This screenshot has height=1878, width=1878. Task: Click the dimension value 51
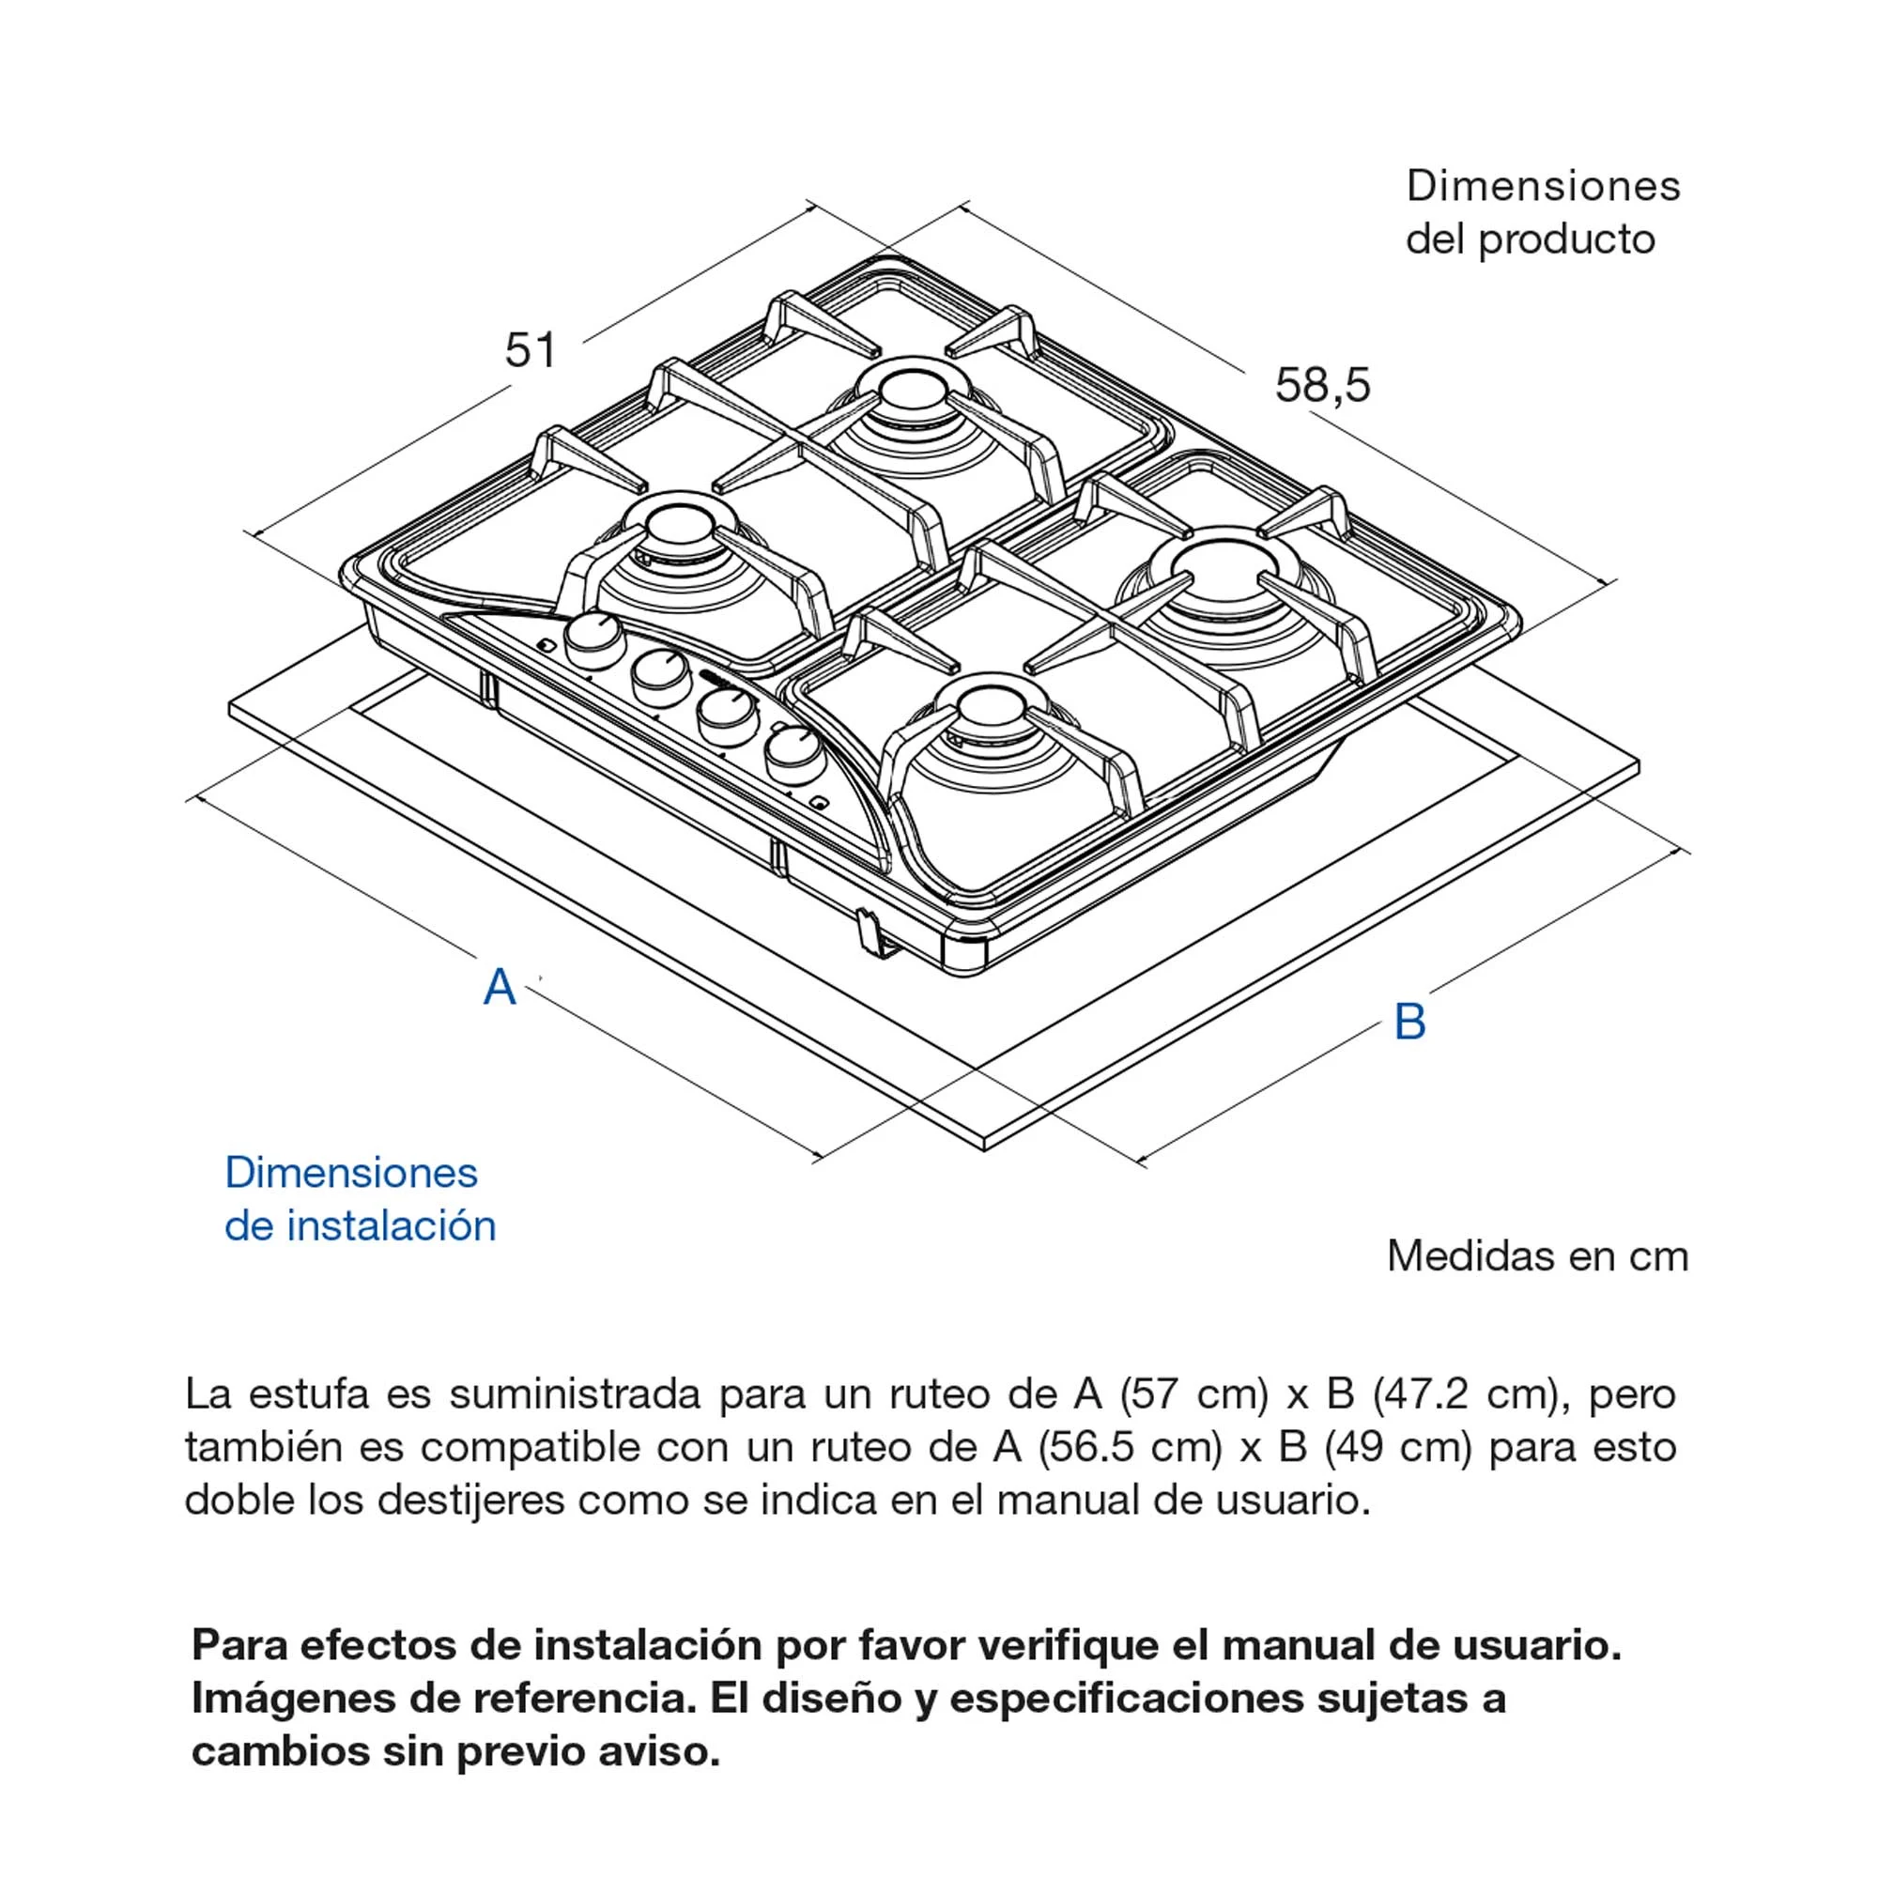(531, 350)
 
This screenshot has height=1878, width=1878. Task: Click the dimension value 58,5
(1322, 385)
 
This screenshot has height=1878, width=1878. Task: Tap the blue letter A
(500, 988)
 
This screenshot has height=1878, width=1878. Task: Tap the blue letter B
(1409, 1023)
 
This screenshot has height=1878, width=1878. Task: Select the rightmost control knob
(793, 749)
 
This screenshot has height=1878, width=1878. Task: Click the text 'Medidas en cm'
(1537, 1257)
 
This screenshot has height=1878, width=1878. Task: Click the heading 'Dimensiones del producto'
(1542, 212)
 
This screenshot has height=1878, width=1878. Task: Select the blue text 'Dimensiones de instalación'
(360, 1199)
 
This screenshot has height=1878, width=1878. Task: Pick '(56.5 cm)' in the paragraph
(1130, 1447)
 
